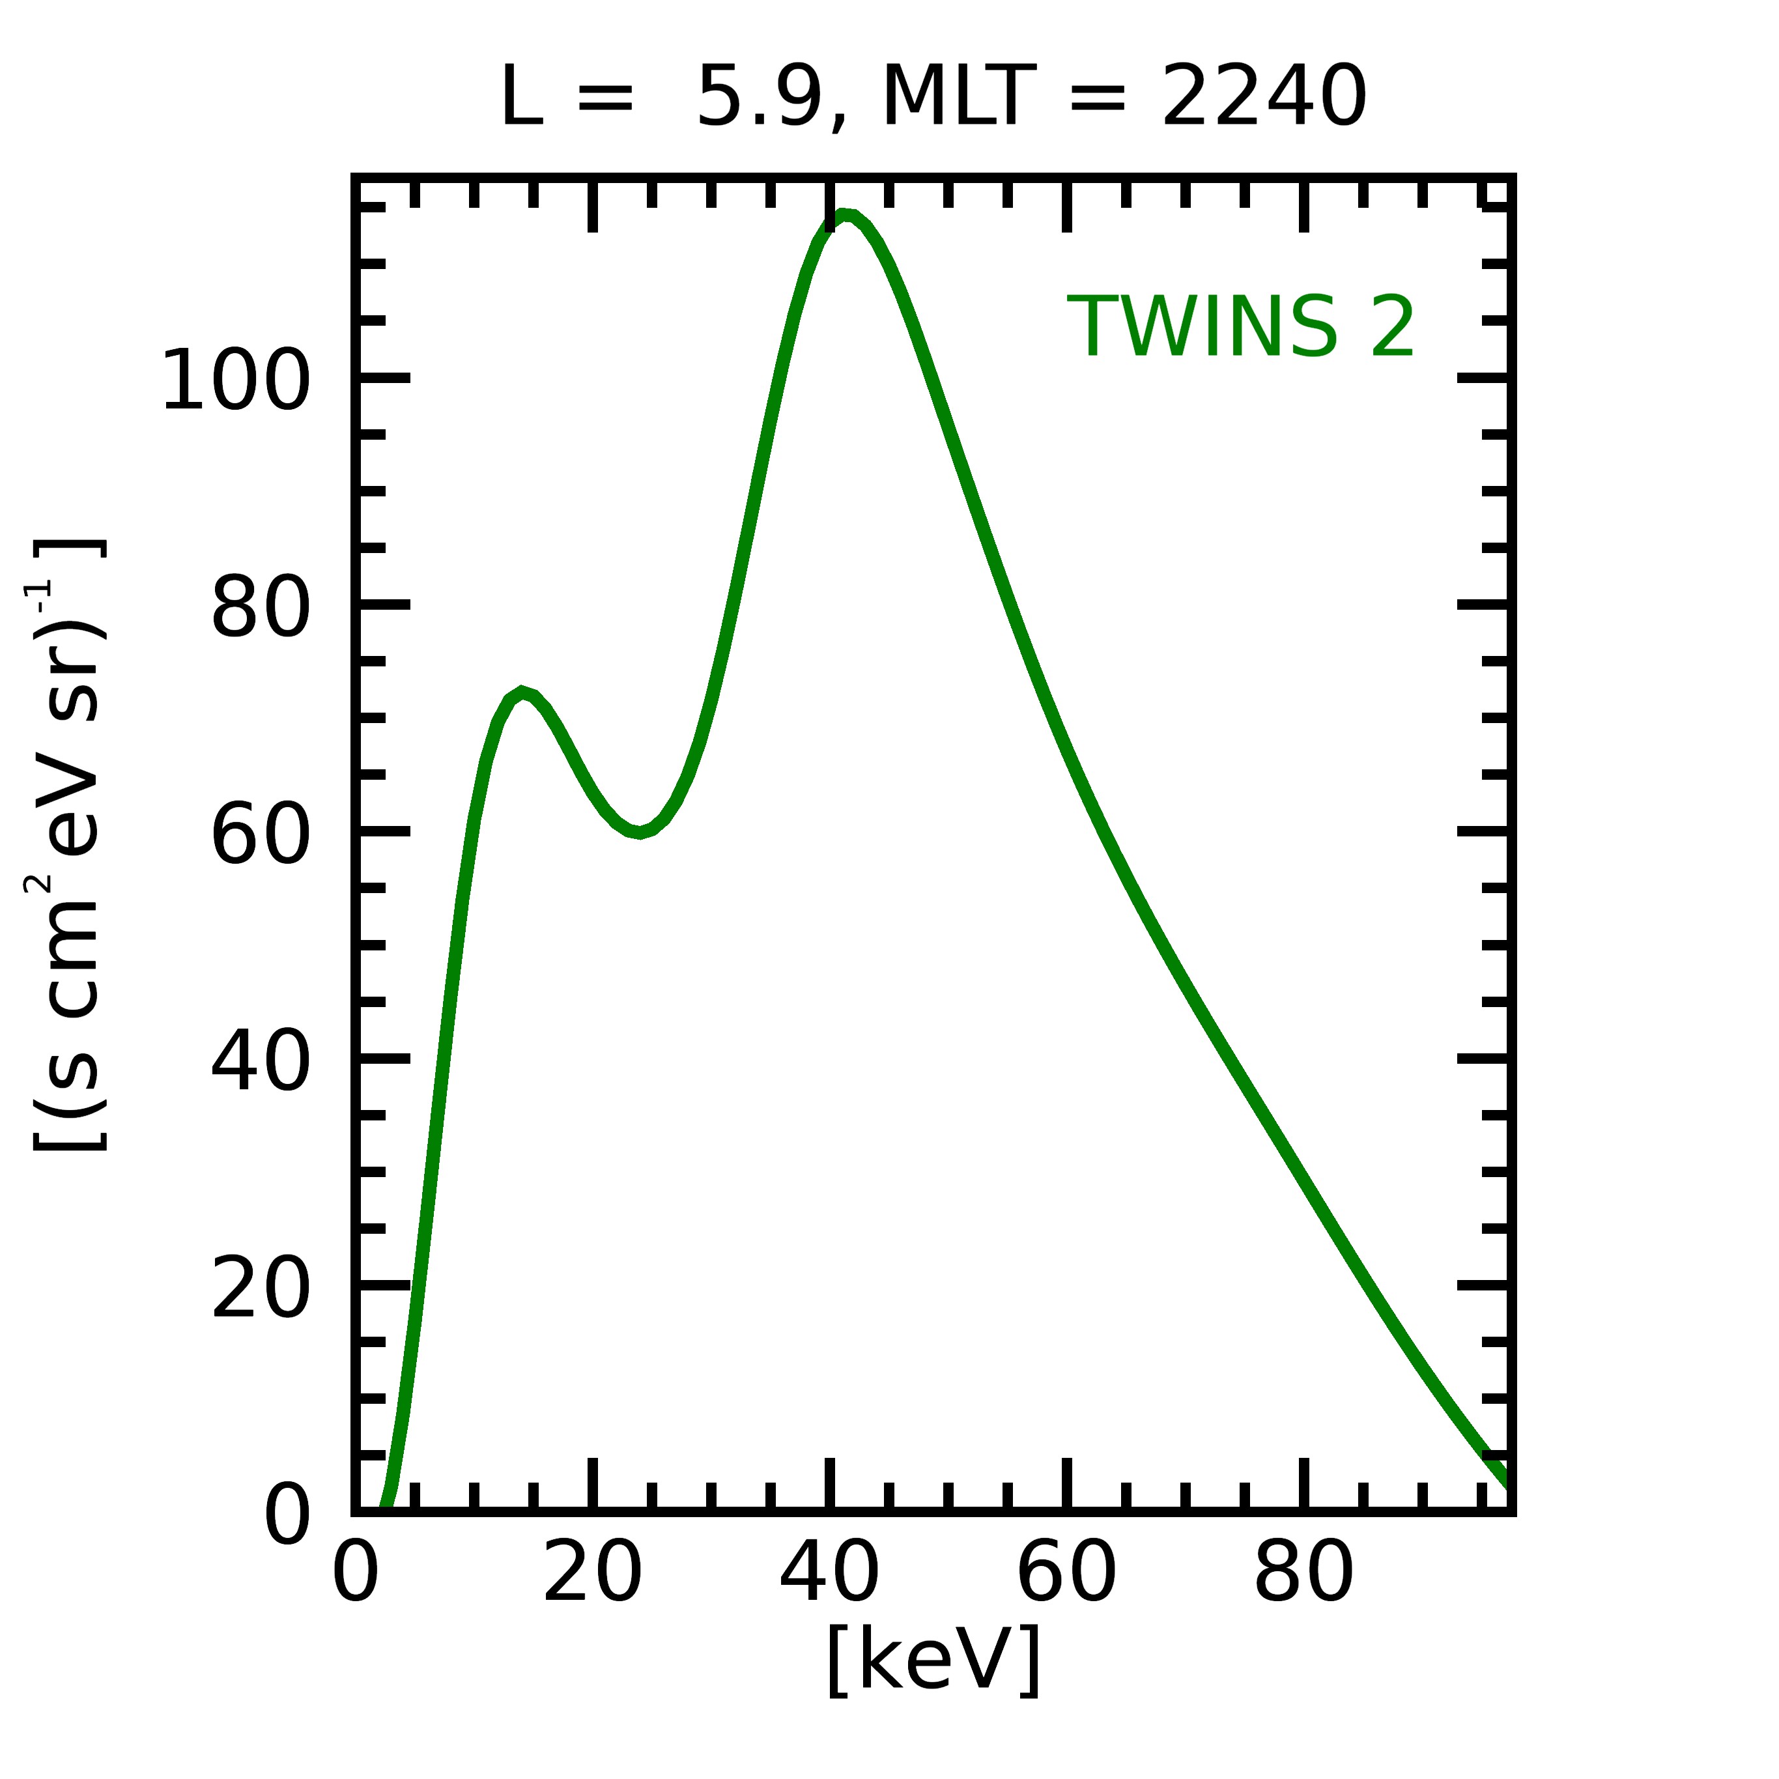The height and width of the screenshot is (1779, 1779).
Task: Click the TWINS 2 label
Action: [x=1240, y=328]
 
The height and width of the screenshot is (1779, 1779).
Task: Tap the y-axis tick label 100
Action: [x=236, y=381]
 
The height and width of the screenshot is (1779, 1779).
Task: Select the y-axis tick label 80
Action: [x=261, y=608]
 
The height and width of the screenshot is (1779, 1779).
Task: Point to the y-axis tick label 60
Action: [x=261, y=835]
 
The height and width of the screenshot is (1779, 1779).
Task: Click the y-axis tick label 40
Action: [x=261, y=1064]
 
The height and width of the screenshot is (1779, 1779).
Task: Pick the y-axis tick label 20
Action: [x=261, y=1290]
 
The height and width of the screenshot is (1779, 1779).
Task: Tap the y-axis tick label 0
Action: [x=287, y=1516]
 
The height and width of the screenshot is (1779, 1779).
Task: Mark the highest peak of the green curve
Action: [x=844, y=216]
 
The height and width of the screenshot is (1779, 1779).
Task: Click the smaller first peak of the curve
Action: [x=522, y=692]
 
